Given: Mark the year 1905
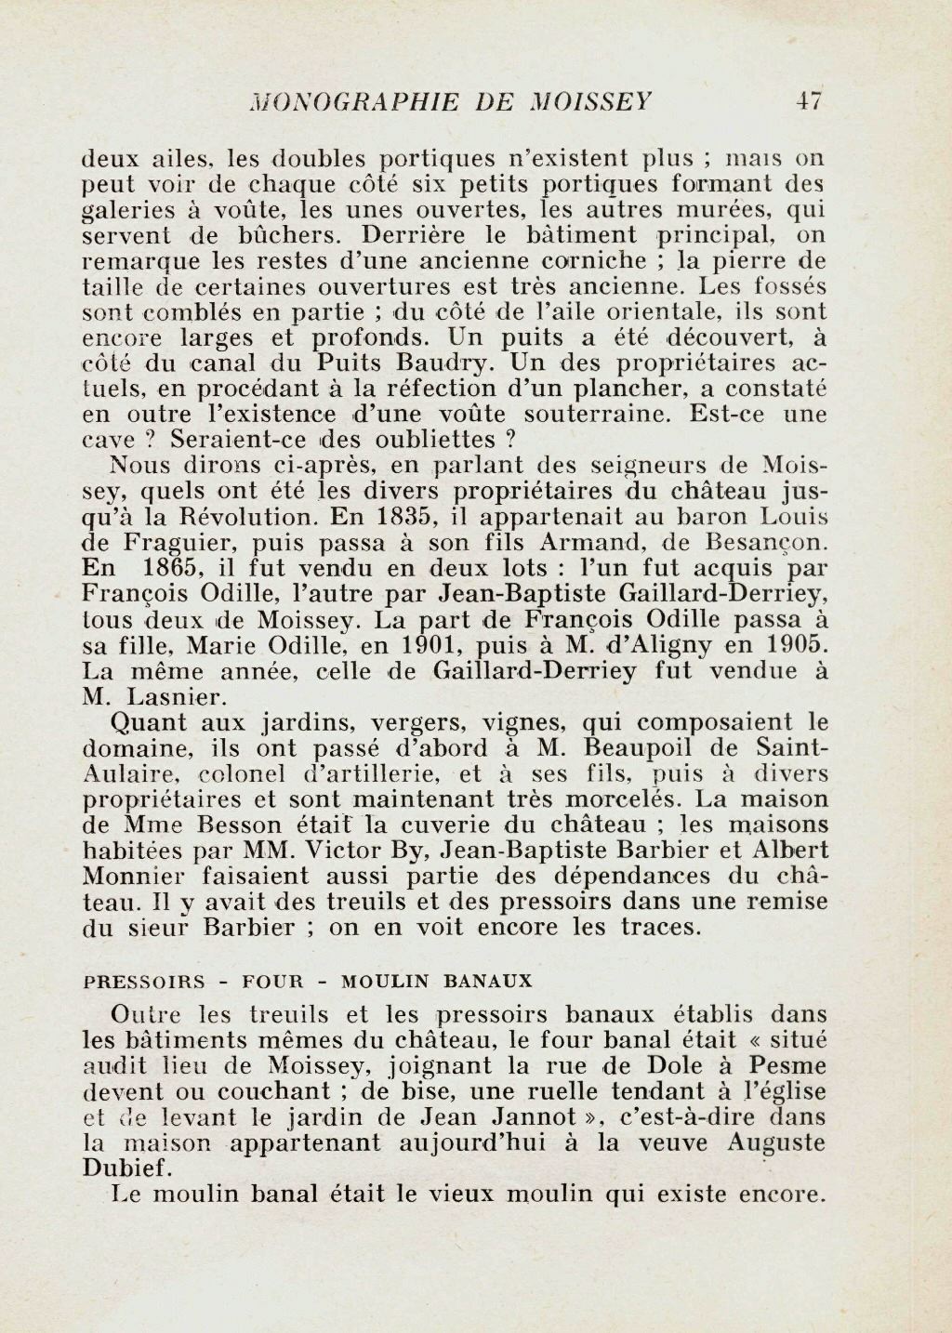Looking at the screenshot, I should [791, 645].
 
